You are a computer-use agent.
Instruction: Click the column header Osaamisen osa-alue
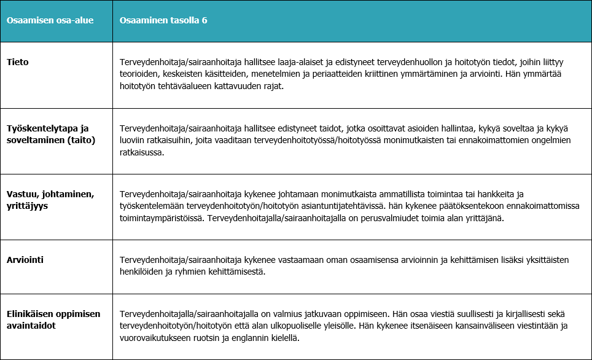click(x=50, y=20)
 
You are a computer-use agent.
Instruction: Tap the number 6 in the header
click(x=204, y=20)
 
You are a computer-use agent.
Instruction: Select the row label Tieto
click(x=17, y=62)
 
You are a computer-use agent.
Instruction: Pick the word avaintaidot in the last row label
click(x=30, y=325)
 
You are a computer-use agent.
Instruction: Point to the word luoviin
click(x=134, y=141)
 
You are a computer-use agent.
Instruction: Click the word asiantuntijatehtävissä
click(x=347, y=206)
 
